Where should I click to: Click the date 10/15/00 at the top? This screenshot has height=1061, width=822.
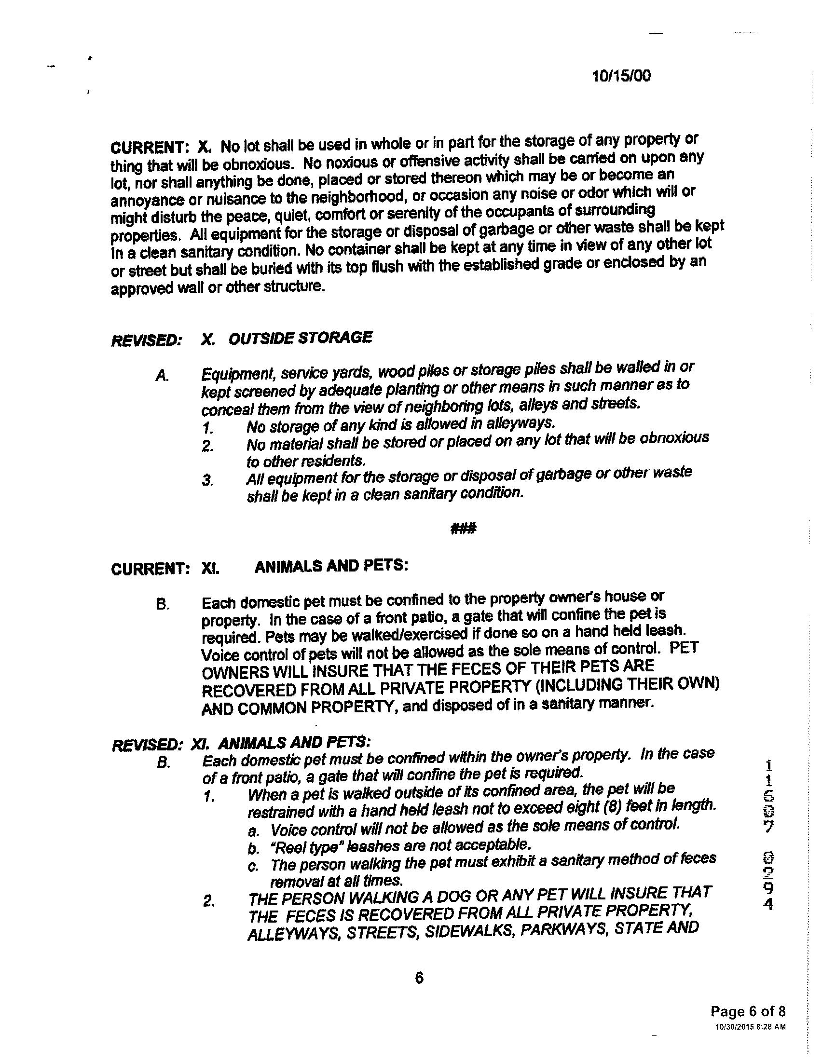click(x=621, y=76)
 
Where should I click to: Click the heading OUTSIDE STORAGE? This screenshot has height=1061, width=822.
click(x=300, y=338)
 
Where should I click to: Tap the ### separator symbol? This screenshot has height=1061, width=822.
click(x=463, y=528)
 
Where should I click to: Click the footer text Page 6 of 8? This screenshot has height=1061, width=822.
click(x=748, y=1012)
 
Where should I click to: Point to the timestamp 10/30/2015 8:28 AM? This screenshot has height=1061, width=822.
click(x=751, y=1027)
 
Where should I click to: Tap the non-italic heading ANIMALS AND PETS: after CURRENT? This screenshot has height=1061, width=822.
click(x=331, y=566)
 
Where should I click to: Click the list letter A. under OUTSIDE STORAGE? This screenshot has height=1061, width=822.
click(x=162, y=376)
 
